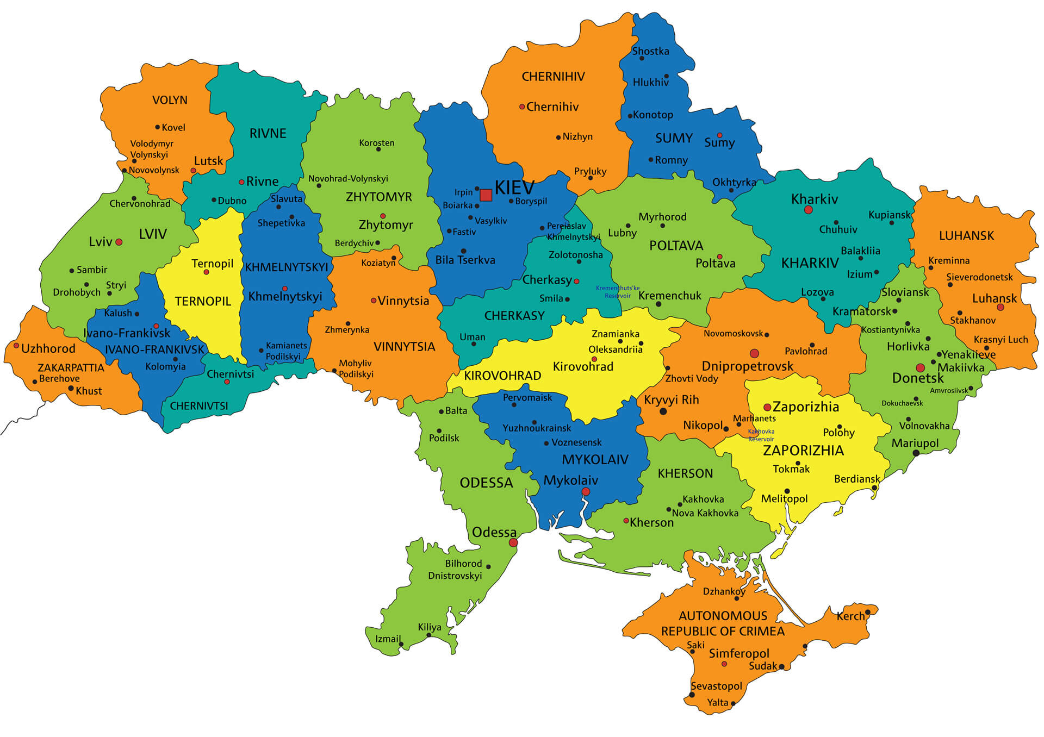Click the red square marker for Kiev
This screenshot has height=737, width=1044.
[486, 195]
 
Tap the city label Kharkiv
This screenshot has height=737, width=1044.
[814, 199]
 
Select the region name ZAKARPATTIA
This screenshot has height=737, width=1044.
[71, 367]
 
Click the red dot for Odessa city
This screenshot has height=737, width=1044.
[513, 542]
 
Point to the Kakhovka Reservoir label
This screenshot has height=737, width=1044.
[761, 435]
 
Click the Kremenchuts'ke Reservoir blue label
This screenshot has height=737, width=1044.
[618, 292]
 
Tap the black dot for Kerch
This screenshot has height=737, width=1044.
[867, 612]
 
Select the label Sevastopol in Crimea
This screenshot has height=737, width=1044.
[716, 686]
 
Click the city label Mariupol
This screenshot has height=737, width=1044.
[915, 443]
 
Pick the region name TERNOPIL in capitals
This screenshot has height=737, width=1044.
[202, 301]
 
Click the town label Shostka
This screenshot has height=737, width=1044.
[650, 51]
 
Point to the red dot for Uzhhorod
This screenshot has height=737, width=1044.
[16, 346]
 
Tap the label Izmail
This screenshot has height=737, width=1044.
[388, 639]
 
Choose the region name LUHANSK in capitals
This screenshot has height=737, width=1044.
[966, 235]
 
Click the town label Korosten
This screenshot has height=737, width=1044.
[376, 143]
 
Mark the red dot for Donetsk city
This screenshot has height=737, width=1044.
[919, 368]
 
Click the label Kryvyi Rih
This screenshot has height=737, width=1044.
[671, 400]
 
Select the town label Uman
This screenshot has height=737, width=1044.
[472, 337]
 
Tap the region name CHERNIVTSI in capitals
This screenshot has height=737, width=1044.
[198, 405]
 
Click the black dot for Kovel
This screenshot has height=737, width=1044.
[158, 127]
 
